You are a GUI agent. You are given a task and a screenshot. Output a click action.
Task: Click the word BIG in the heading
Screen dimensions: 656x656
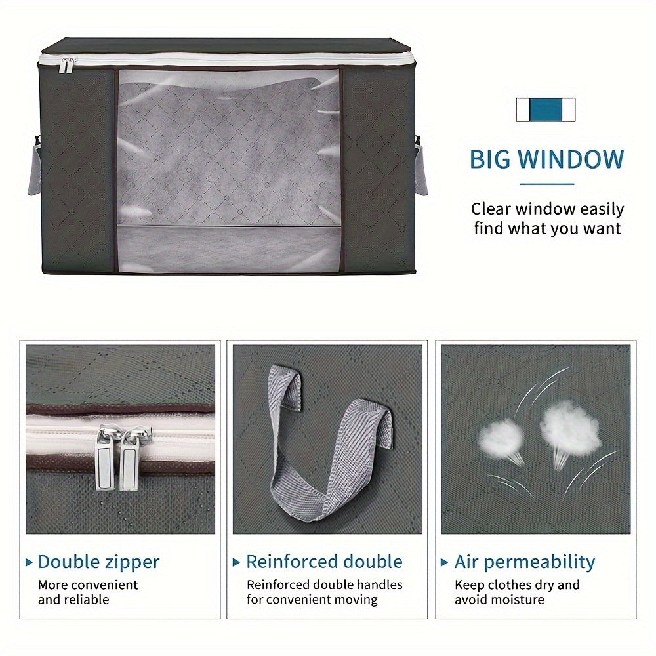point(490,159)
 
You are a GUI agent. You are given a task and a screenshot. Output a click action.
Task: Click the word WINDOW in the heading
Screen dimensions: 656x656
point(571,159)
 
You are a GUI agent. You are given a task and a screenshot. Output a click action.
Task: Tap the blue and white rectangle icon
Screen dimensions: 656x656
point(546,110)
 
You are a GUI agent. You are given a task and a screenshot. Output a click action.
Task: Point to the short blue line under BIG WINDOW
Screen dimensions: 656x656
point(547,184)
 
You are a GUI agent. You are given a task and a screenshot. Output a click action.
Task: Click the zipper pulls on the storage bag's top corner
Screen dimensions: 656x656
point(69,64)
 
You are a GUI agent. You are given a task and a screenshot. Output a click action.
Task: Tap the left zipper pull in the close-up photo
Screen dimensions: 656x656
point(106,458)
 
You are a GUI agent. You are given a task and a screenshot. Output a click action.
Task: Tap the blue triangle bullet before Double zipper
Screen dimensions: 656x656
point(29,562)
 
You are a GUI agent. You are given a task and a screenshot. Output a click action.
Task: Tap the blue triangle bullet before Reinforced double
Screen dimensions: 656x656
point(236,562)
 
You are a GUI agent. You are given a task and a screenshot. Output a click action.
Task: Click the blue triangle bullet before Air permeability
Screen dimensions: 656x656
point(444,562)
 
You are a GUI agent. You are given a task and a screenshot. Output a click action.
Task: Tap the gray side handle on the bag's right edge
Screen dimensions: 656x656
point(421,165)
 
